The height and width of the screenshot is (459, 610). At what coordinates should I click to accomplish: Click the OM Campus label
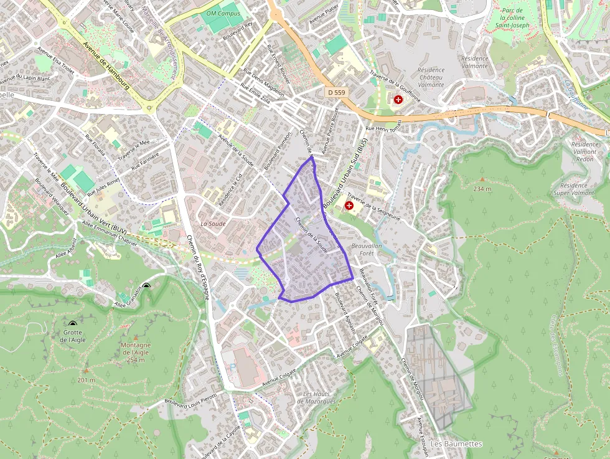tap(223, 13)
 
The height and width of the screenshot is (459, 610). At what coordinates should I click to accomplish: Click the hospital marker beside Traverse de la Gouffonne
tap(398, 99)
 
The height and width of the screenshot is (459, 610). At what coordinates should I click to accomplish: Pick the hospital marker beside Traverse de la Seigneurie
tap(349, 204)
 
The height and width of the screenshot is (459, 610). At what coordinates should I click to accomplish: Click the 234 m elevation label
tap(482, 189)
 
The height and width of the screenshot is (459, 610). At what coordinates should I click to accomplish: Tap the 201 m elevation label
tap(87, 380)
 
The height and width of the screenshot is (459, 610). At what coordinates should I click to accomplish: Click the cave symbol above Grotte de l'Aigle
tap(73, 324)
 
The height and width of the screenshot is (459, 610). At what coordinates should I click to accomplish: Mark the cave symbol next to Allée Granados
tap(146, 286)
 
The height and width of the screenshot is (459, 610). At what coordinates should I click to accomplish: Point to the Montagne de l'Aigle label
tap(136, 353)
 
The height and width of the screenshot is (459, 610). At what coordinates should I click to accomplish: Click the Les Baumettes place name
tap(456, 443)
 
